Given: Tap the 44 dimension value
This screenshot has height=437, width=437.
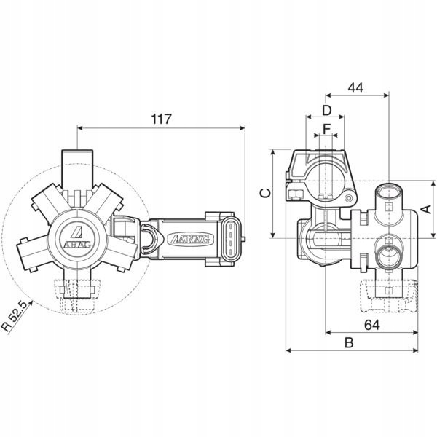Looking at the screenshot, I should (355, 87).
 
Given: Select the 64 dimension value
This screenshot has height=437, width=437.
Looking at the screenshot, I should (371, 325).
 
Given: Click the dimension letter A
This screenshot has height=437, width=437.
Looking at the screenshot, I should (427, 209).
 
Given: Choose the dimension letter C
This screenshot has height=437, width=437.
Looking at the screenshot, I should (266, 193).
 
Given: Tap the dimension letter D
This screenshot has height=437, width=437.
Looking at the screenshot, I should (327, 110).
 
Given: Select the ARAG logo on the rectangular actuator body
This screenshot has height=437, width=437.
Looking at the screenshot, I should (187, 238).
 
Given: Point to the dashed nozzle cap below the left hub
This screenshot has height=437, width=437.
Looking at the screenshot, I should (76, 292).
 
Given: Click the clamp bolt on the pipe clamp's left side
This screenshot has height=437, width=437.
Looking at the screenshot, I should (297, 193).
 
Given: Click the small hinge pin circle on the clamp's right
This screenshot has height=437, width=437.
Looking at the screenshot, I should (350, 198).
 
